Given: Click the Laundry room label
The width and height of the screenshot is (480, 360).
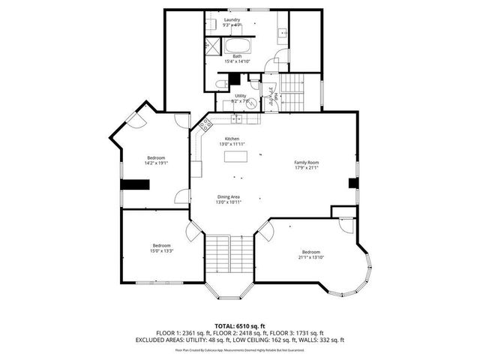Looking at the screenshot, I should [x=232, y=19].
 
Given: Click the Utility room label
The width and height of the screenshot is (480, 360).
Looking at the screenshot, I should [x=240, y=96].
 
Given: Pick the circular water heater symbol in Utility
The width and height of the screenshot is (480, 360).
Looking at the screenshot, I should [x=235, y=118].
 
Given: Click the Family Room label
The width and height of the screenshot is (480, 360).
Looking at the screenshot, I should [x=306, y=163].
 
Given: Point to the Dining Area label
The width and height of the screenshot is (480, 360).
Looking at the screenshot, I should [x=228, y=196].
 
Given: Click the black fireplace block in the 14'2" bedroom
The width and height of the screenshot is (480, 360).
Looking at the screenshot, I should [x=136, y=184].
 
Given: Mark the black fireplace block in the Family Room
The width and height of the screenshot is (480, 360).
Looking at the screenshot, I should [x=352, y=184].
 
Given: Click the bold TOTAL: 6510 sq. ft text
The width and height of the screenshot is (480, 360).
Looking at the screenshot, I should [x=239, y=325].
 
